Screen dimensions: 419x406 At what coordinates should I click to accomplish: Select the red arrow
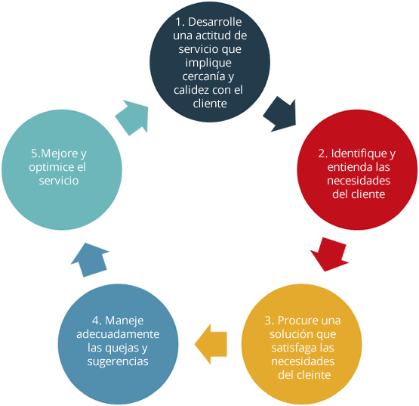click(x=329, y=254)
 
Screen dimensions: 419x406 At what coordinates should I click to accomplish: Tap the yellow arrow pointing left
click(x=211, y=344)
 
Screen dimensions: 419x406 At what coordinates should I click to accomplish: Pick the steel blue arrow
click(x=91, y=260)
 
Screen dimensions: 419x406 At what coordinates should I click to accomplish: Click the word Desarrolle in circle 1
click(x=215, y=22)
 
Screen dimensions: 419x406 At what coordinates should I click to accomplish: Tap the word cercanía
click(x=204, y=76)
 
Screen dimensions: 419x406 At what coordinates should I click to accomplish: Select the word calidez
click(x=189, y=90)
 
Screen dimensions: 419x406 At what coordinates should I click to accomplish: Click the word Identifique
click(x=359, y=153)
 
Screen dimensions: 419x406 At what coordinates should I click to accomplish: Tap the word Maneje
click(x=125, y=321)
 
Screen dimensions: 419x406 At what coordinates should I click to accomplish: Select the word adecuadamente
click(x=118, y=334)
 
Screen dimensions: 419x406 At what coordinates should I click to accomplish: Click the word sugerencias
click(x=118, y=362)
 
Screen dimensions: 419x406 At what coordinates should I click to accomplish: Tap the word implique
click(x=208, y=64)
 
